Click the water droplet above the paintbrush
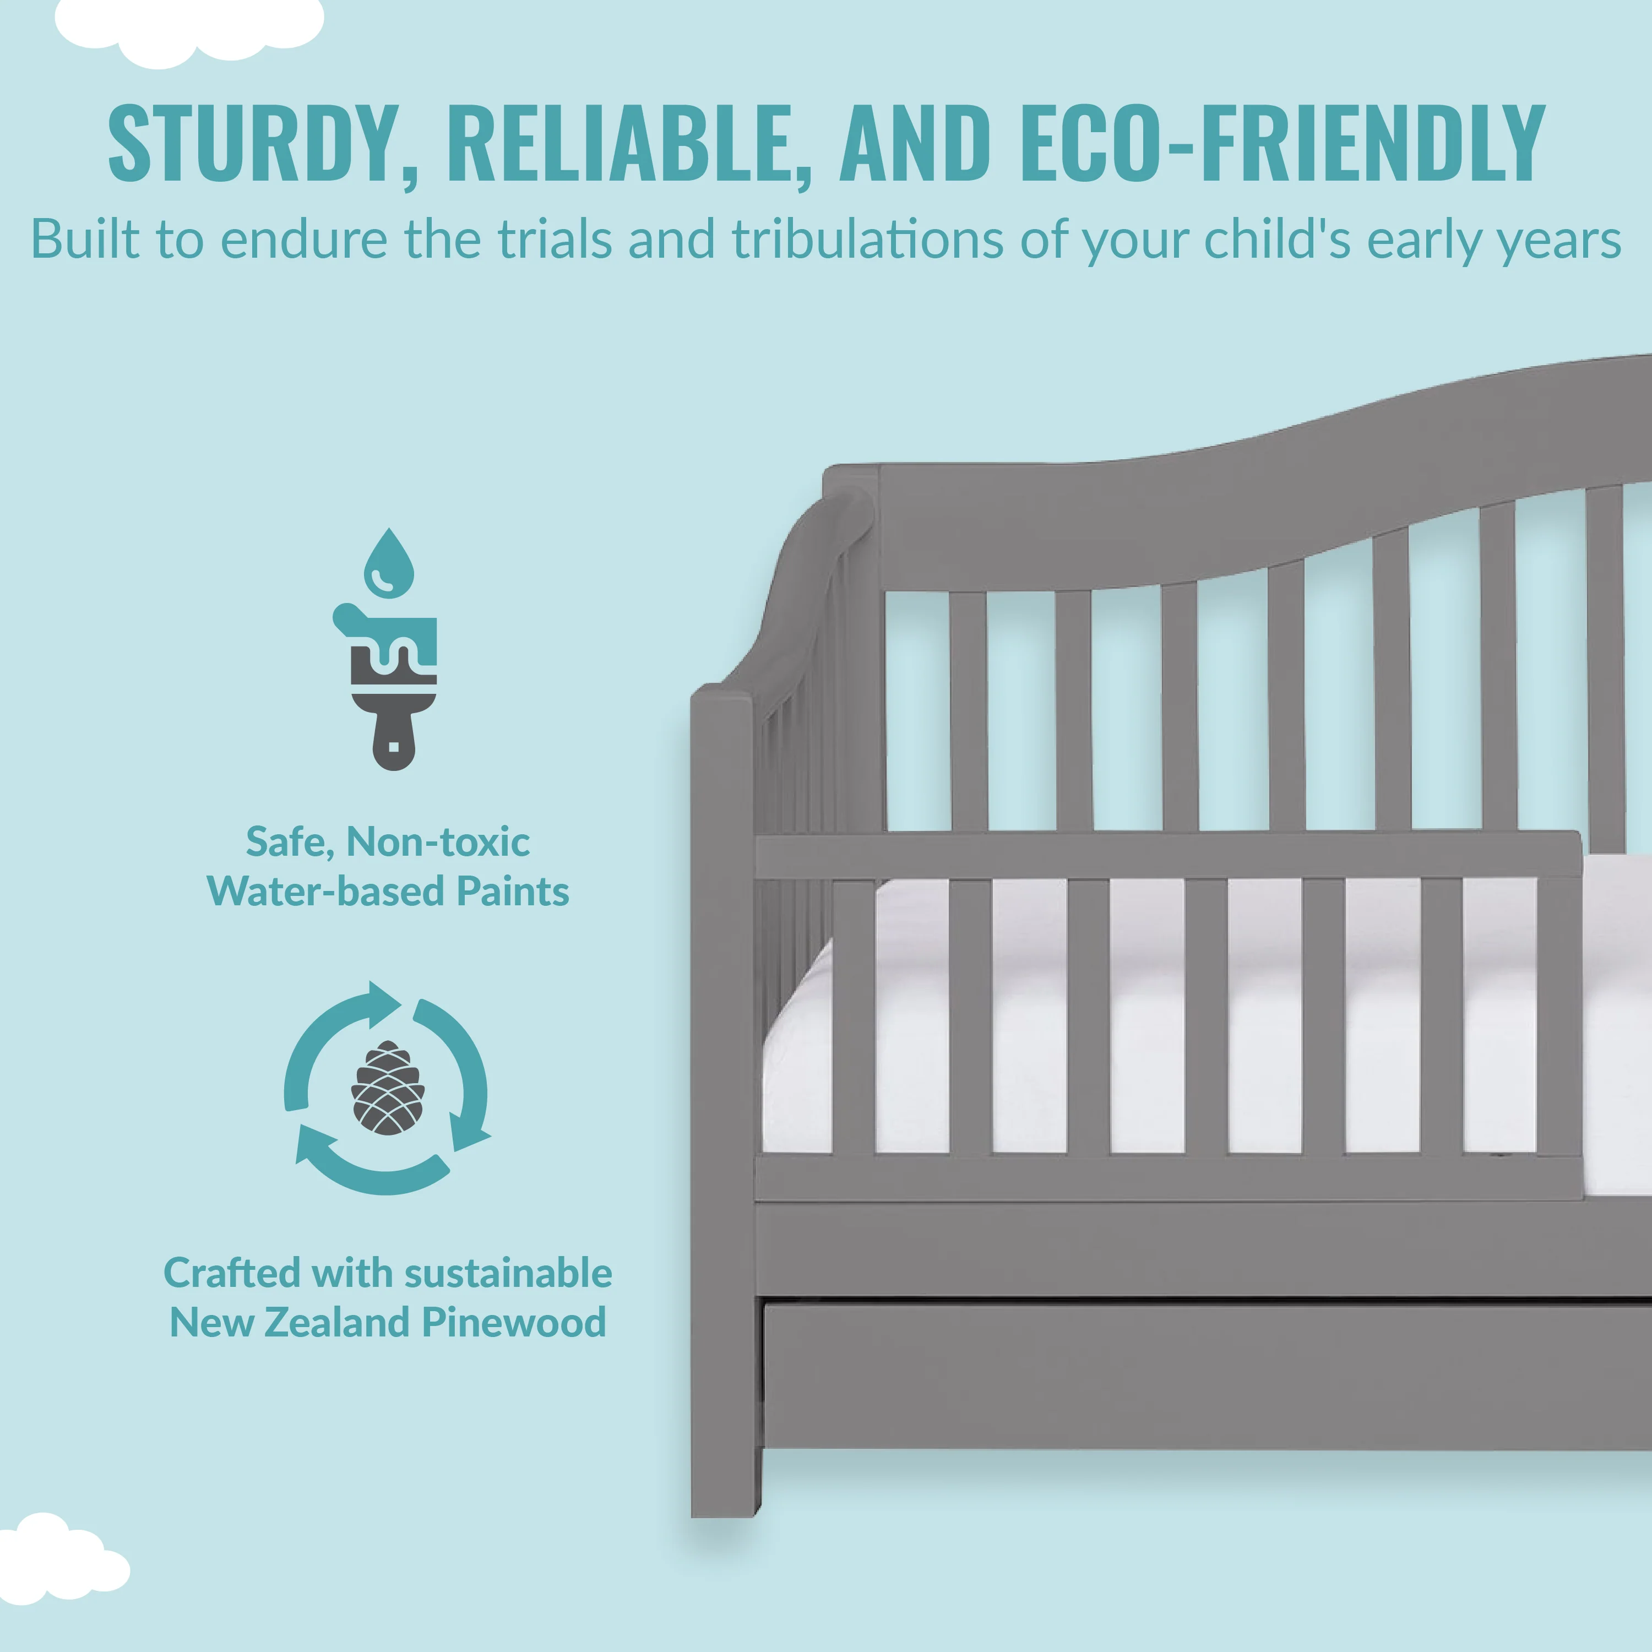[389, 563]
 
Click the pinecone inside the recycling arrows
[387, 1088]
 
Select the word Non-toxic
[438, 841]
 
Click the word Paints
[512, 891]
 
